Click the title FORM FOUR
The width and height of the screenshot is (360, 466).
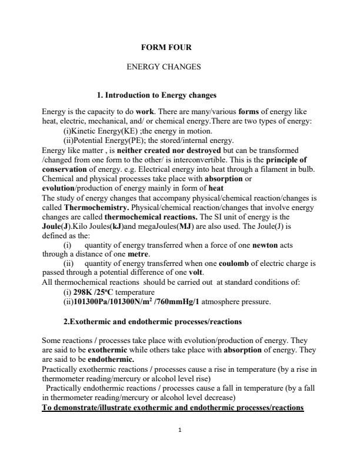166,47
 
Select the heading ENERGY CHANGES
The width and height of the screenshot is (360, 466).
164,67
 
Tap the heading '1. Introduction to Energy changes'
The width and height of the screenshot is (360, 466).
157,95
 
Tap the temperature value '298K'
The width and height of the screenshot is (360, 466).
83,292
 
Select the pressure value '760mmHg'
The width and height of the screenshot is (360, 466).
175,302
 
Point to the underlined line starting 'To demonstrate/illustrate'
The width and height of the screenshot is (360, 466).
172,408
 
